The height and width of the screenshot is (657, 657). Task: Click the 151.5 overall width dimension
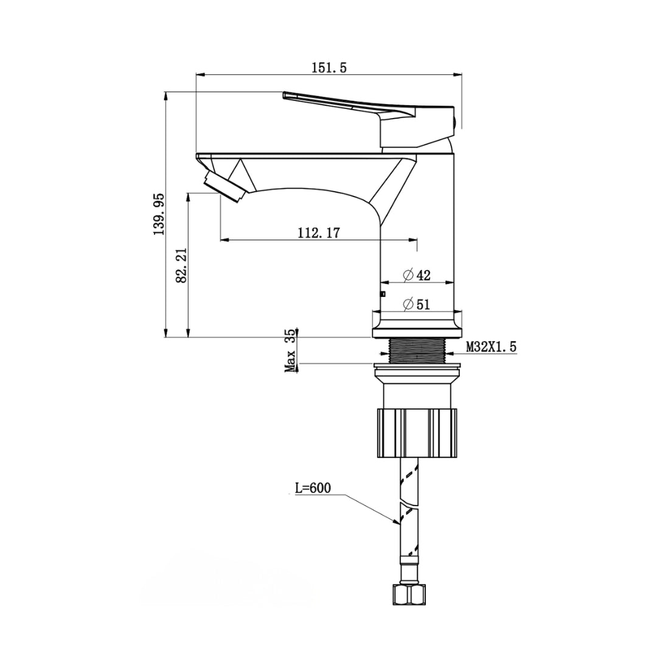point(329,68)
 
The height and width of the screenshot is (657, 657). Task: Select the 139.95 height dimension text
point(159,214)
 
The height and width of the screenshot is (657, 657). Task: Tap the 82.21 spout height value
point(181,265)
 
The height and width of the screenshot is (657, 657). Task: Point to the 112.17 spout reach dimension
point(318,232)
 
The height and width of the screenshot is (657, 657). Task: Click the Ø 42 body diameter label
point(417,275)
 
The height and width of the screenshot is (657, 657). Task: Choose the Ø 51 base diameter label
point(417,304)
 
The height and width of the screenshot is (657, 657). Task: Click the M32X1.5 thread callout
point(492,347)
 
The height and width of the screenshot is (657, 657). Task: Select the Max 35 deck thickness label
point(290,350)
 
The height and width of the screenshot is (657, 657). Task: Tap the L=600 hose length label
point(313,488)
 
